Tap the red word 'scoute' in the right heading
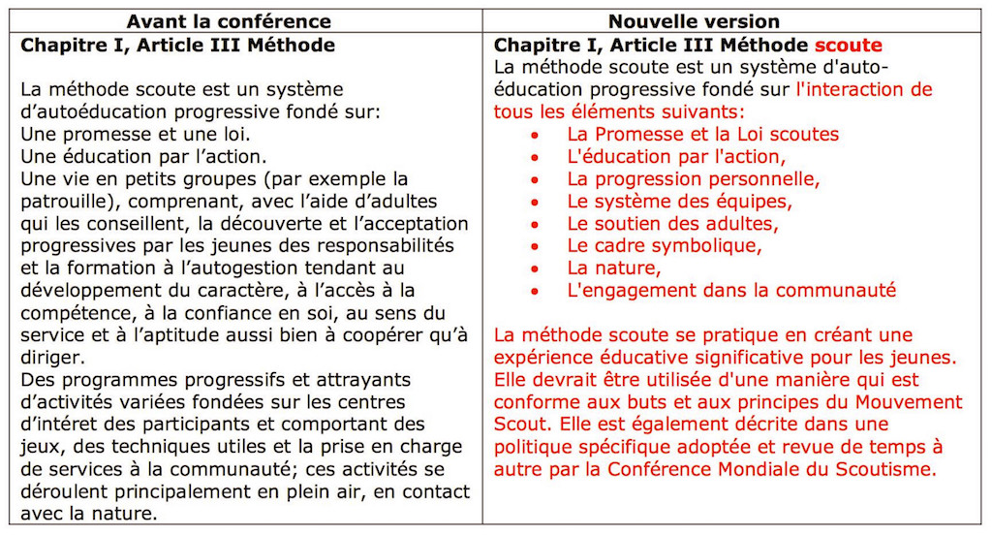click(848, 46)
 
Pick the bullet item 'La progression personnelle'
click(694, 179)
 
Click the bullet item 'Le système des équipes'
click(679, 202)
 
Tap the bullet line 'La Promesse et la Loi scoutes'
click(703, 135)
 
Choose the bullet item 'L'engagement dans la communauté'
click(731, 290)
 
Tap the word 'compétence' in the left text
click(73, 312)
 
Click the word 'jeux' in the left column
click(39, 446)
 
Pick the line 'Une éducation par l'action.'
click(143, 157)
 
